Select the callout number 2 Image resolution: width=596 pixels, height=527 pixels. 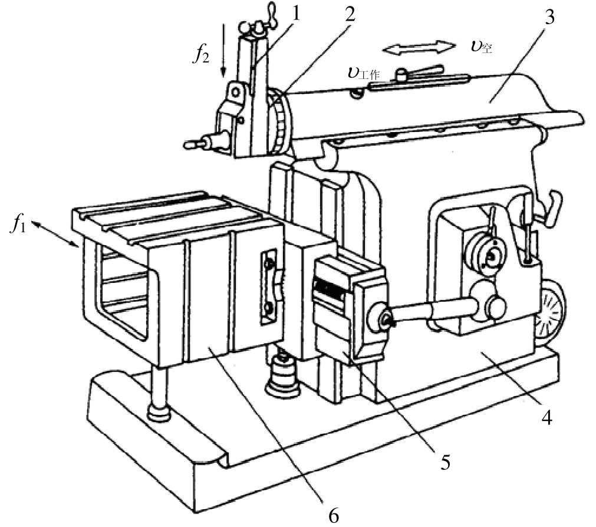[x=350, y=14]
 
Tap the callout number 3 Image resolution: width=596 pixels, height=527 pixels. [x=549, y=17]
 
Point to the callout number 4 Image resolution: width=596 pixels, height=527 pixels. [x=546, y=417]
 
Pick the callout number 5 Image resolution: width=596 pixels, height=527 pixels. [x=445, y=462]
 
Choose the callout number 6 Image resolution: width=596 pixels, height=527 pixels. [x=333, y=515]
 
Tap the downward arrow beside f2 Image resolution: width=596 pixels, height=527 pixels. [x=224, y=51]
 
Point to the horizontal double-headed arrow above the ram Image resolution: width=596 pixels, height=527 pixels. [x=419, y=48]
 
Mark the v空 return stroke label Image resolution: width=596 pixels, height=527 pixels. [x=481, y=47]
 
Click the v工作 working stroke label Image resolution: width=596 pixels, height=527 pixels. [x=363, y=73]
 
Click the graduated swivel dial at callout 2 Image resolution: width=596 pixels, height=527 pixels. [x=282, y=121]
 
